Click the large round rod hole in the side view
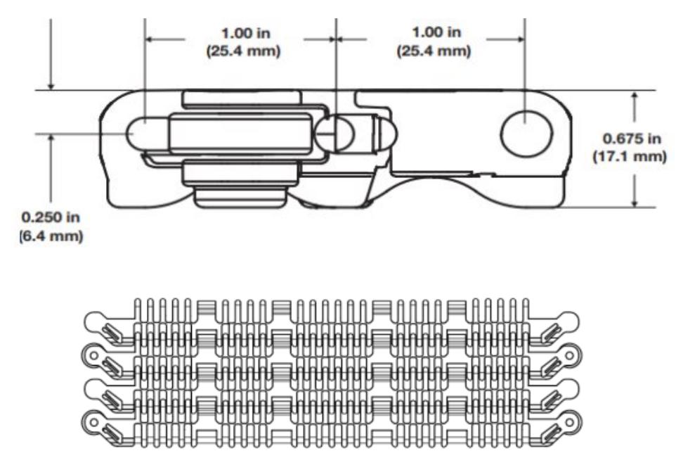coord(521,133)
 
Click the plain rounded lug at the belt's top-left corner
coord(94,323)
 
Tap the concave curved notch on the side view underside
coord(436,184)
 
